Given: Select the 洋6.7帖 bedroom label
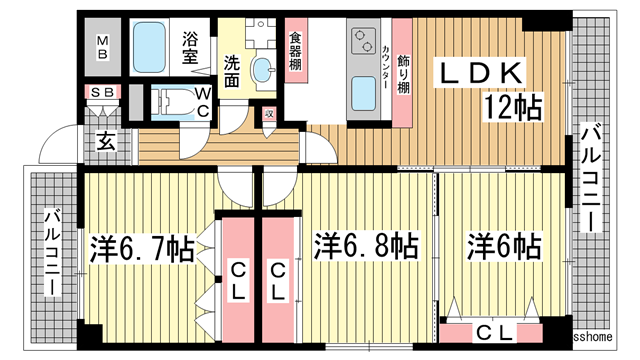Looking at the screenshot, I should coord(143,247).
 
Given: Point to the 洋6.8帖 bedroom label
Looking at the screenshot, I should coord(366,245).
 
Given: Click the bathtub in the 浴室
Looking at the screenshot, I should coord(153,45).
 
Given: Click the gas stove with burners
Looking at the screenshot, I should coord(360,43).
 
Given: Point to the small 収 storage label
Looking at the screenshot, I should coord(269,115).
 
